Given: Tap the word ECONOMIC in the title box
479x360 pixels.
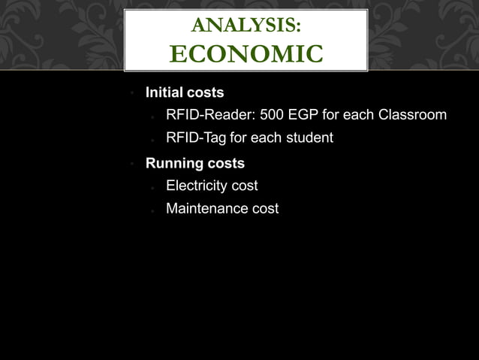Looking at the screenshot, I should (246, 54).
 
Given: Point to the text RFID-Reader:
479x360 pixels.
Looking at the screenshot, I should (207, 115).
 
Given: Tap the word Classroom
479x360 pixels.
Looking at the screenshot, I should (412, 115).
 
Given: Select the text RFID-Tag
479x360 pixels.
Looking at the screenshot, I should (196, 138).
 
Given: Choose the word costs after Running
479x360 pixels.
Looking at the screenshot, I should (227, 163).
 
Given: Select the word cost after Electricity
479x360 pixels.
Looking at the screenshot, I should (245, 186).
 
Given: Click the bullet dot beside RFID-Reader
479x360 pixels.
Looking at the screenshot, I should (152, 117).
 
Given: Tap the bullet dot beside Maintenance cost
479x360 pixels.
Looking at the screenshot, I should (152, 210).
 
